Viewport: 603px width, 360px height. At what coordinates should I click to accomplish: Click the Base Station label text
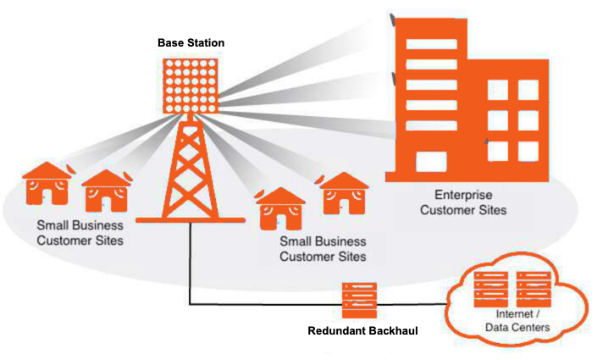191,42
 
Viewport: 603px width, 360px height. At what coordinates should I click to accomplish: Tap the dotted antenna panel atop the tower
191,85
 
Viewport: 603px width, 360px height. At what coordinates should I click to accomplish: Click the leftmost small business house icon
47,186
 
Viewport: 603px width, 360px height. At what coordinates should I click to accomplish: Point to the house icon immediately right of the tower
281,207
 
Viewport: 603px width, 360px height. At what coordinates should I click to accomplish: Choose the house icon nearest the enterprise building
344,194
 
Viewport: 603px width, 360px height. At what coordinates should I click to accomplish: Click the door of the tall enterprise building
430,161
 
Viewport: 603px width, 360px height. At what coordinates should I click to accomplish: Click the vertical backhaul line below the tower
188,263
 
